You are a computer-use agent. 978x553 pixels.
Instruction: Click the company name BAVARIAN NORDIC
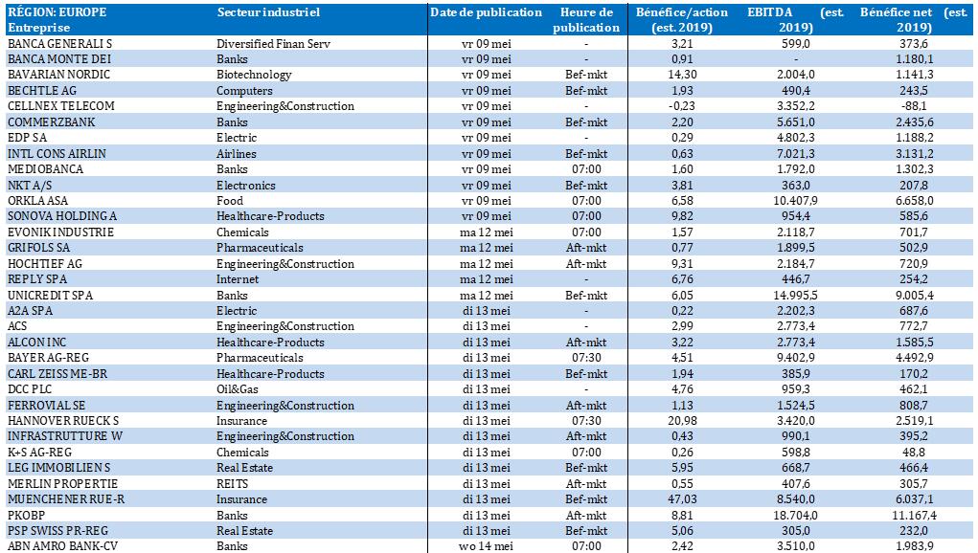coord(58,75)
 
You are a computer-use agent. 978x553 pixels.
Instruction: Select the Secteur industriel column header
coord(268,12)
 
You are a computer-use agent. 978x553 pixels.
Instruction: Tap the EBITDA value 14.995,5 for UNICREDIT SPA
coord(795,296)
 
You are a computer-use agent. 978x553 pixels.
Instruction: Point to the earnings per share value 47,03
coord(682,499)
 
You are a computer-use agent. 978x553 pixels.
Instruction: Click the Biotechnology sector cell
coord(254,75)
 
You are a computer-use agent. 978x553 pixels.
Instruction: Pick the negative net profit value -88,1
coord(914,106)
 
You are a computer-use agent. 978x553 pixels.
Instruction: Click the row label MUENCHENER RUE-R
coord(66,499)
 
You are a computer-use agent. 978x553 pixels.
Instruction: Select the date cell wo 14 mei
coord(486,546)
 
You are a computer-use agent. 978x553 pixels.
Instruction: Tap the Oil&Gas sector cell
coord(237,389)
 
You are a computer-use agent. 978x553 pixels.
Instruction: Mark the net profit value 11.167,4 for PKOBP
coord(914,516)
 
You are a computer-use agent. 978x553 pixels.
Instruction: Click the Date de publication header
coord(486,12)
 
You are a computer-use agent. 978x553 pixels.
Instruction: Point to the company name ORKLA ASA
coord(37,201)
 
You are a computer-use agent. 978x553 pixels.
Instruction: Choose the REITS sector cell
coord(232,484)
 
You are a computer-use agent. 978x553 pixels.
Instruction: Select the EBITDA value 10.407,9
coord(795,201)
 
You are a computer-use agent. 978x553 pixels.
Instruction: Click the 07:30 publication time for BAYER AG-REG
coord(586,358)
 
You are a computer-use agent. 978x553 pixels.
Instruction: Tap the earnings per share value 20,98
coord(682,421)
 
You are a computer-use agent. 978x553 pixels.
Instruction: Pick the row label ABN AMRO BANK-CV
coord(62,546)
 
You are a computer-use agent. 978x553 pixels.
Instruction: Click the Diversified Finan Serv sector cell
coord(273,44)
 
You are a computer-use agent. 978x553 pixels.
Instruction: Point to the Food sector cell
coord(230,201)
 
